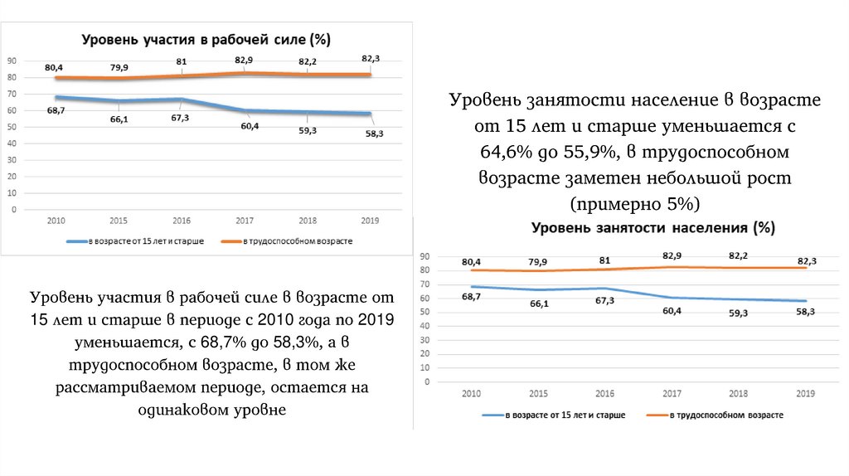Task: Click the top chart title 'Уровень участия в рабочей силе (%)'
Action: [x=205, y=39]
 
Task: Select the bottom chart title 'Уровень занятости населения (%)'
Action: [x=653, y=227]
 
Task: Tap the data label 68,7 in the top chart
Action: [x=56, y=110]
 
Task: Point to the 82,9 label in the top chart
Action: [x=244, y=61]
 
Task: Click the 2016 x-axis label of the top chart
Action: [x=182, y=221]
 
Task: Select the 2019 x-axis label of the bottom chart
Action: [x=803, y=392]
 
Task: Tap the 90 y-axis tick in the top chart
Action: [x=13, y=61]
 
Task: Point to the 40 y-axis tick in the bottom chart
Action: [x=426, y=326]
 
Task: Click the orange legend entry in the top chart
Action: [x=287, y=241]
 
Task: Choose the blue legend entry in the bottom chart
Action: [x=554, y=414]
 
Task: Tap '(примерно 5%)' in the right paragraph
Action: [x=635, y=204]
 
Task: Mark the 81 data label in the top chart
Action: [x=182, y=61]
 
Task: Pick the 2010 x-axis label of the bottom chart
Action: [x=472, y=392]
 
